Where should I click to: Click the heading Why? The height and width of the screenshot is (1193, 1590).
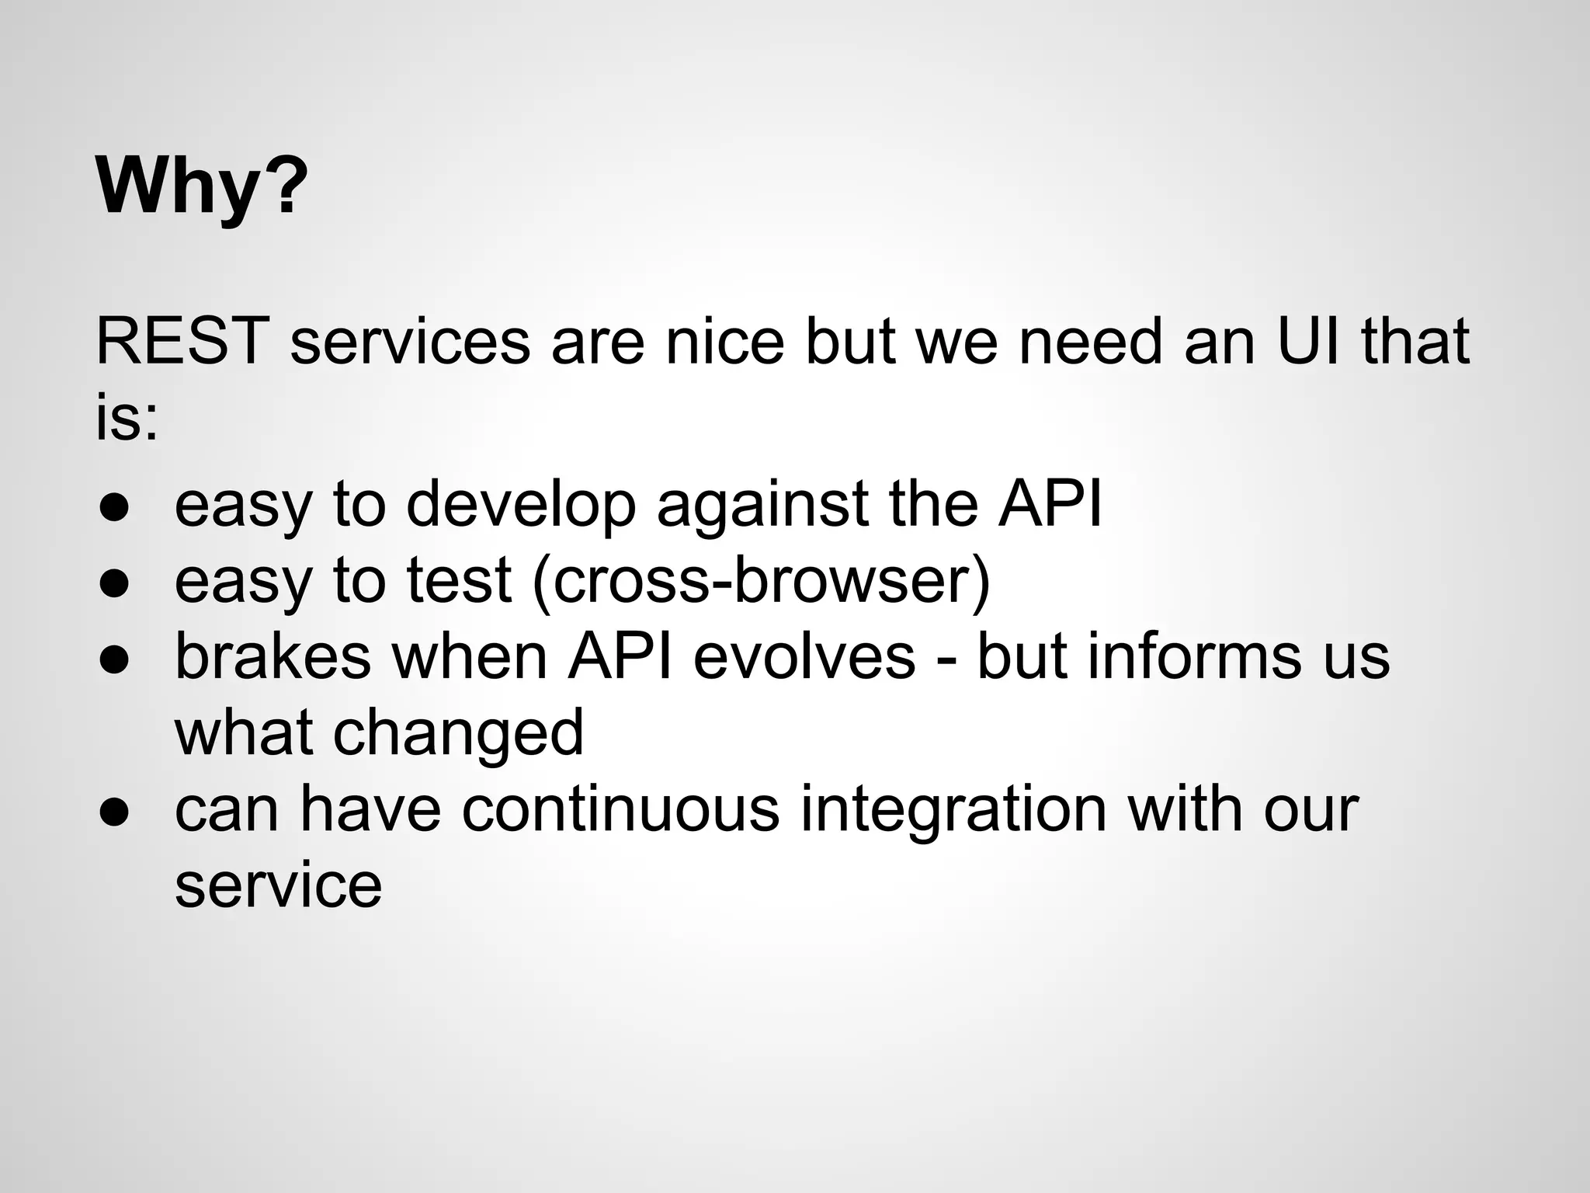(202, 187)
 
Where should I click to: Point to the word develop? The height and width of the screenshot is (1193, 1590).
(521, 506)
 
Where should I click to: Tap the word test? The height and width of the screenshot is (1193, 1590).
(459, 581)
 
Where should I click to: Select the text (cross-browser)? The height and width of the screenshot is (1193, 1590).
(762, 583)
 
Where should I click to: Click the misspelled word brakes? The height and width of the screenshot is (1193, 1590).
(273, 657)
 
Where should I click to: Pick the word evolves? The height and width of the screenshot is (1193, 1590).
(804, 657)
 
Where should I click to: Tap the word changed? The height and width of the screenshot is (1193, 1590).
(458, 733)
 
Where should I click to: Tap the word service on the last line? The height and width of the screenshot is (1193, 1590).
(278, 885)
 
